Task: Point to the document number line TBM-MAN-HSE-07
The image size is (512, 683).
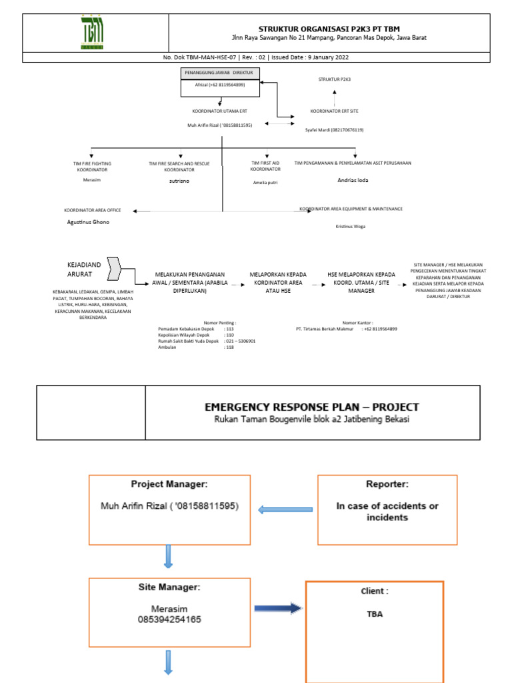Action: point(255,57)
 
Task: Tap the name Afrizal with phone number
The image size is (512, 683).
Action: point(219,85)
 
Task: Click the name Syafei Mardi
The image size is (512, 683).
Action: point(334,130)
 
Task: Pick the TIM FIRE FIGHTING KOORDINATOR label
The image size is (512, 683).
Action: point(92,166)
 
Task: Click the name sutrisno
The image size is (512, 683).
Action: point(180,181)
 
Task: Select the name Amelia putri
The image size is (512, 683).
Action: point(265,181)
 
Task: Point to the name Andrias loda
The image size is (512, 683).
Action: point(353,180)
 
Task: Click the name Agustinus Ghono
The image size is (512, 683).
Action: point(88,222)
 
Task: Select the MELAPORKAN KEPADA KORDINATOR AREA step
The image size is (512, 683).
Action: point(277,282)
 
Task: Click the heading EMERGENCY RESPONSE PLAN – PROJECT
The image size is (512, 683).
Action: point(312,407)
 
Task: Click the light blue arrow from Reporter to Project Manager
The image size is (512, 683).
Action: point(285,510)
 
